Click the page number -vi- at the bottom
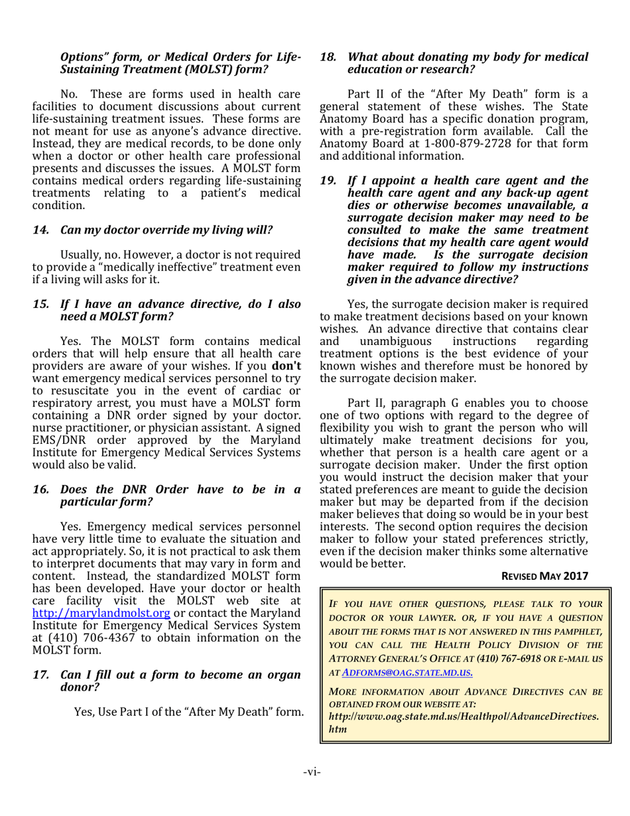coord(315,774)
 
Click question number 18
coord(328,58)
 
